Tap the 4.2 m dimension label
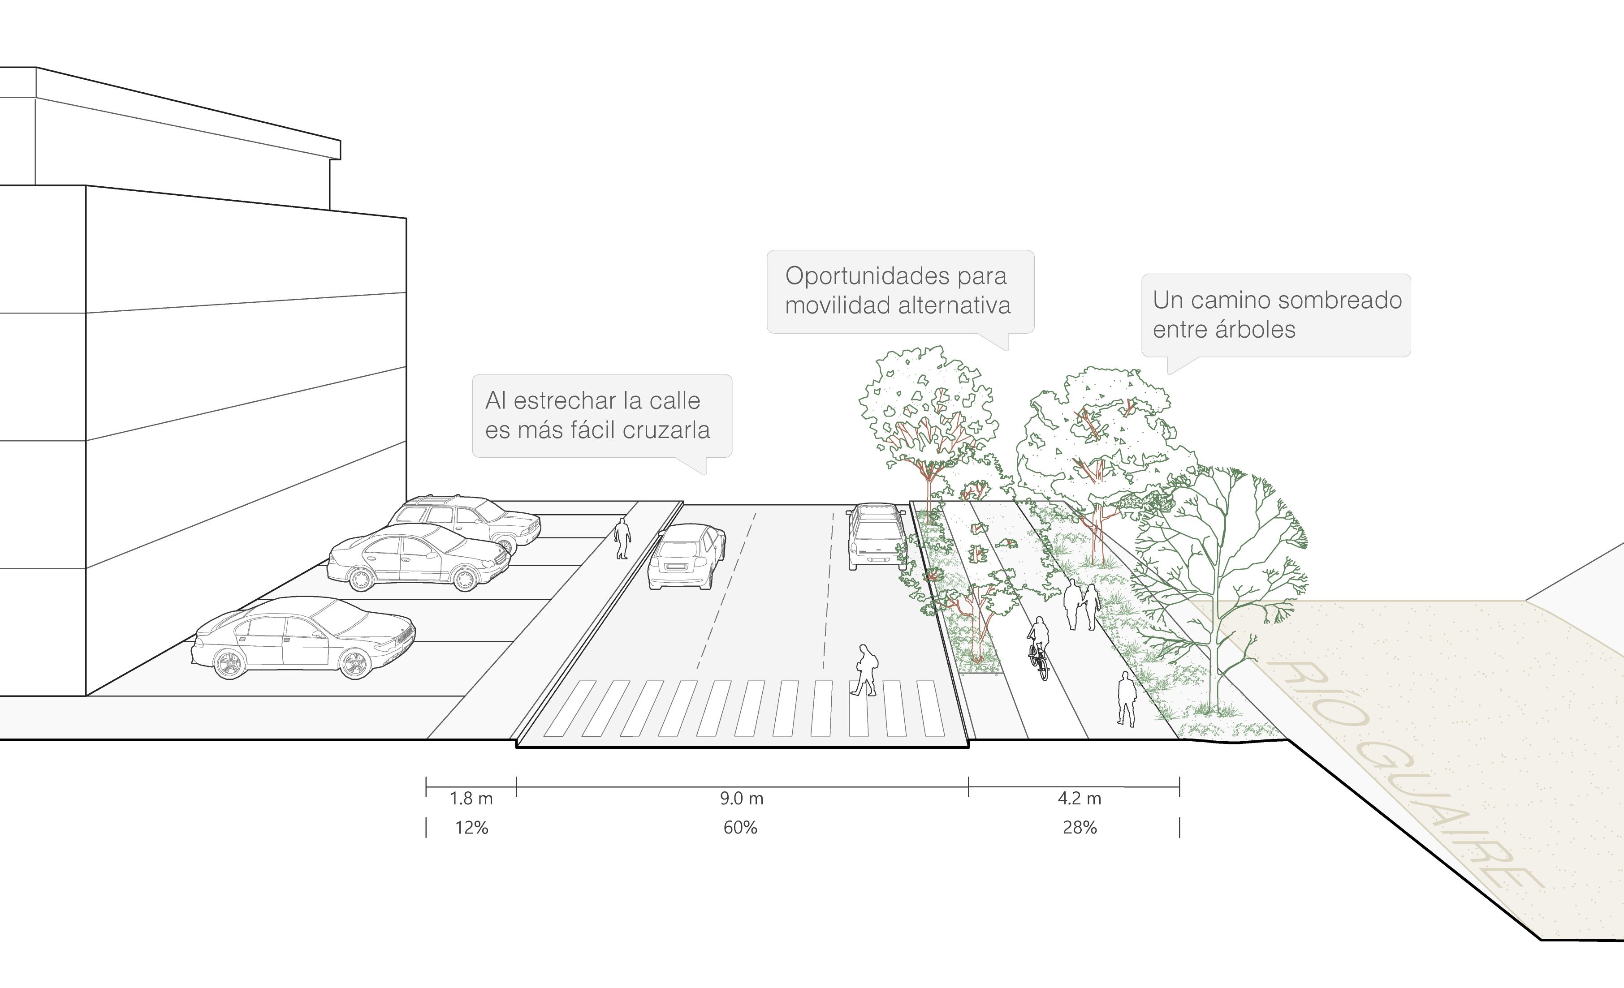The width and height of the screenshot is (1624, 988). click(x=1079, y=798)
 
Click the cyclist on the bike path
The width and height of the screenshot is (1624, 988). click(x=1038, y=647)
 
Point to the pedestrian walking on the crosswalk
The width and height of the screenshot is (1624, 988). click(x=865, y=670)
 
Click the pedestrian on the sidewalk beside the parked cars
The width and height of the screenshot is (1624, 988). click(x=622, y=538)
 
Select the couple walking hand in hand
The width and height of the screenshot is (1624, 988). click(x=1081, y=605)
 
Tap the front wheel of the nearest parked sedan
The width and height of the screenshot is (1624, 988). click(x=354, y=662)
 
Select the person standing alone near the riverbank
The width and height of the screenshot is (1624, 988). click(x=1127, y=698)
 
